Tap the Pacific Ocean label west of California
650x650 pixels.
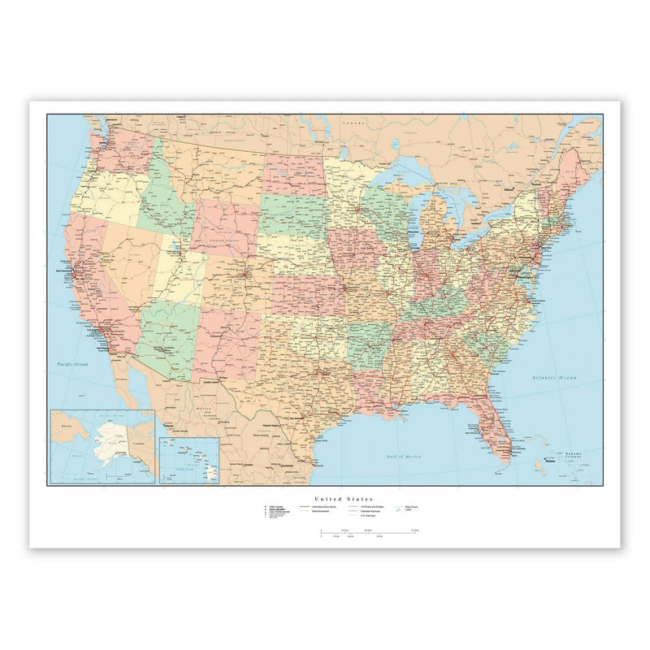[71, 365]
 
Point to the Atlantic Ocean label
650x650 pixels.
[552, 378]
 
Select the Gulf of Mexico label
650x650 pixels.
[407, 457]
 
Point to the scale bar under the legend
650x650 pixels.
[370, 534]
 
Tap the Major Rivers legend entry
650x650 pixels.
[412, 507]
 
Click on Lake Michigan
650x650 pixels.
[414, 219]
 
